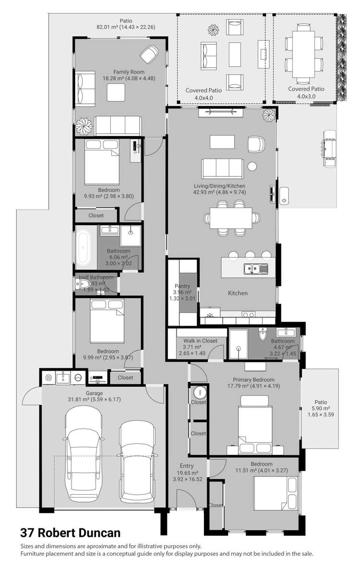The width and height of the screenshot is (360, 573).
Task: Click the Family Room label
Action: coord(120,72)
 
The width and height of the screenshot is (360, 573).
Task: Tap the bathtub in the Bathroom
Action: coord(85,248)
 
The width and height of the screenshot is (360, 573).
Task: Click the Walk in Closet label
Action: coord(200,341)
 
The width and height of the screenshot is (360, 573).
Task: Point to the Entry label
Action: coord(187,465)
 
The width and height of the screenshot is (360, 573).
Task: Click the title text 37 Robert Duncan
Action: coord(70,533)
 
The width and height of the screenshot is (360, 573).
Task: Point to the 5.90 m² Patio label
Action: coord(320,402)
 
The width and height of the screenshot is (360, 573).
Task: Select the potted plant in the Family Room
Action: coord(84,127)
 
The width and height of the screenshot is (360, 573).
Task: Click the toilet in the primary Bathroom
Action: coord(263,334)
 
